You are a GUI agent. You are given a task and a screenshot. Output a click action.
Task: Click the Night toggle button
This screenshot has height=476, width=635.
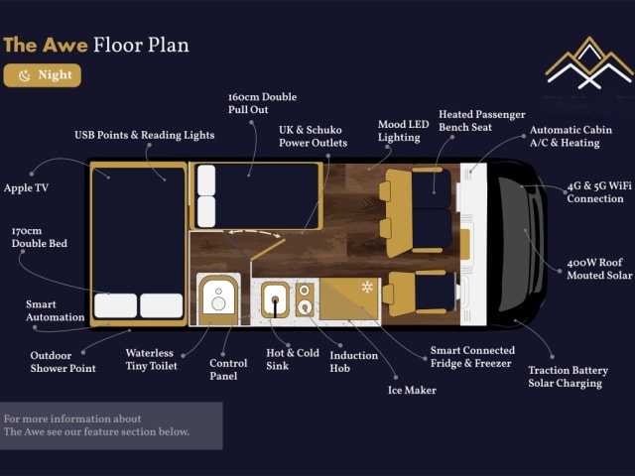click(42, 75)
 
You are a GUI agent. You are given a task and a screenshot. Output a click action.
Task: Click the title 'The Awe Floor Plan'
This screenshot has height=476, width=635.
click(95, 45)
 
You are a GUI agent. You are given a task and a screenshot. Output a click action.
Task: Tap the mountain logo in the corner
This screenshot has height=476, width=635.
click(588, 63)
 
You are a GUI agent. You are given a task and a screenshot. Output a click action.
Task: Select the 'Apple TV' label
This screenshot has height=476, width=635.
click(26, 187)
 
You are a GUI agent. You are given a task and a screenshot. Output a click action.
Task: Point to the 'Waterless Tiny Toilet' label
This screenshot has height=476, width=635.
click(151, 359)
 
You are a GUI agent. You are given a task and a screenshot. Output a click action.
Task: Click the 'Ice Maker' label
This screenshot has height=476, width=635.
click(412, 390)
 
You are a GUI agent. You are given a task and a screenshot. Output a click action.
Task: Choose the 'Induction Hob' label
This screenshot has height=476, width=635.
click(353, 362)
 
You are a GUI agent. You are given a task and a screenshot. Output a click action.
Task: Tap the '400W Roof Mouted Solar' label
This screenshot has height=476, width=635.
click(598, 269)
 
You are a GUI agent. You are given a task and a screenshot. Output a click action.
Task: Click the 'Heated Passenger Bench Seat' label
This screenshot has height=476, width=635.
click(481, 121)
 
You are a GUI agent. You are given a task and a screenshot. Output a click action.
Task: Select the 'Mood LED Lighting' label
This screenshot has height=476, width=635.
click(403, 131)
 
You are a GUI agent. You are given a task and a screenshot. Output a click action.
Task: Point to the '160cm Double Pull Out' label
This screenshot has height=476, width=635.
click(262, 104)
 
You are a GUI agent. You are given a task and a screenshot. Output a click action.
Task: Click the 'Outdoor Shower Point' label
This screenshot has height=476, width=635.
click(63, 362)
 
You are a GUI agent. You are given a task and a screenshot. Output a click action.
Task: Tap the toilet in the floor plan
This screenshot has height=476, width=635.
click(217, 297)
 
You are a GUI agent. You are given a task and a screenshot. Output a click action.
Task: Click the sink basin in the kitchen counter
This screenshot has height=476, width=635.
click(276, 297)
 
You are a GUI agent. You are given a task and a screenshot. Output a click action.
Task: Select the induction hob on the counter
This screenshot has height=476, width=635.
click(306, 297)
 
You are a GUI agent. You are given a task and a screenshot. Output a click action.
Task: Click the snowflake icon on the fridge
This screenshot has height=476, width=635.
click(367, 287)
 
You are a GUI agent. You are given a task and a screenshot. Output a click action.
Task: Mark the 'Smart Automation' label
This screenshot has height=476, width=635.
click(56, 310)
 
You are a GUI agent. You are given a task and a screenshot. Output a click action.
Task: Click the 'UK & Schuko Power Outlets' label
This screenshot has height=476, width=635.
click(313, 137)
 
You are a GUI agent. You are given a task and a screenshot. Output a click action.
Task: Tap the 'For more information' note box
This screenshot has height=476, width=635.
click(111, 425)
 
